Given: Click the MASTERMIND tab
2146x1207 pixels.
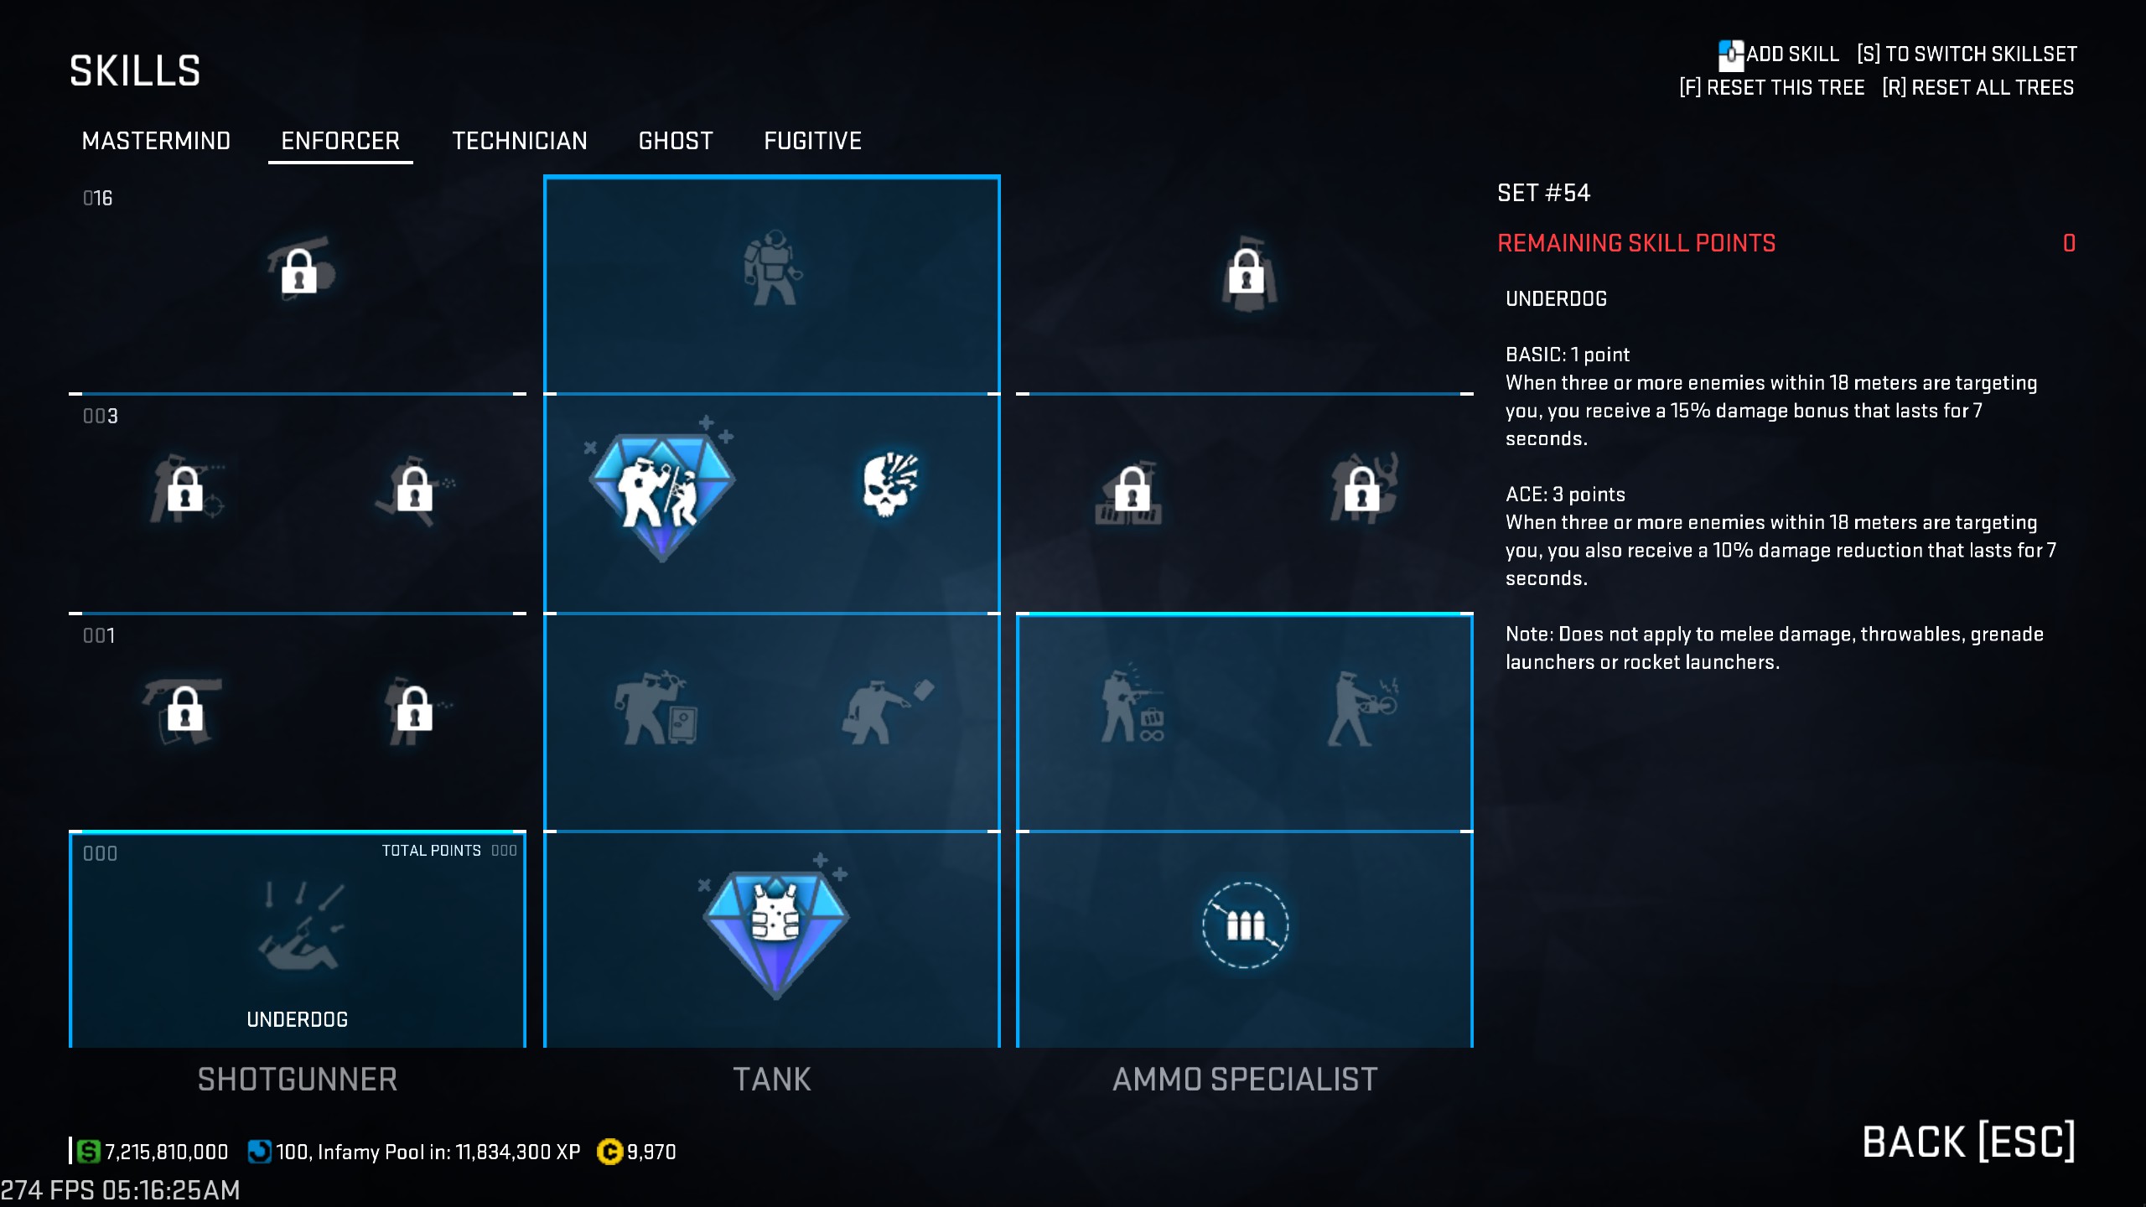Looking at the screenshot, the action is (x=156, y=141).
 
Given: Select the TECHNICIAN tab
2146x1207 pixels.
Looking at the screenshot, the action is (x=519, y=141).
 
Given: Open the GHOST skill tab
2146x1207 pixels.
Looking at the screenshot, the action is (x=676, y=141).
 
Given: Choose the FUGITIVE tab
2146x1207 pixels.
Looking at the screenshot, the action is (x=812, y=141).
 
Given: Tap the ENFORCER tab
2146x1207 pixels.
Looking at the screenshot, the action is (x=340, y=141).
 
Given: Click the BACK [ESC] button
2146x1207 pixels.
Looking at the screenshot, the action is (x=1968, y=1142).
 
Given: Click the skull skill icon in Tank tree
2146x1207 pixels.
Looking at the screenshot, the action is (x=889, y=484).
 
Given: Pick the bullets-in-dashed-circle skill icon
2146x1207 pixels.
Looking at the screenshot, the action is (x=1245, y=925).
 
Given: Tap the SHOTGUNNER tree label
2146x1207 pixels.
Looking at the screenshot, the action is (x=298, y=1080).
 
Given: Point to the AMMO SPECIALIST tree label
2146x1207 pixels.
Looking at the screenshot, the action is (x=1245, y=1080).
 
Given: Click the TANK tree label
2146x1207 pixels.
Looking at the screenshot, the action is (x=772, y=1080).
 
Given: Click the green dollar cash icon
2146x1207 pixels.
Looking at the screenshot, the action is (x=88, y=1152).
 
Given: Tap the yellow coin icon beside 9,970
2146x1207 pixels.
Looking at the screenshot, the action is (x=609, y=1153).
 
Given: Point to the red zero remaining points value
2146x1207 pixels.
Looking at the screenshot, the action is (x=2069, y=244).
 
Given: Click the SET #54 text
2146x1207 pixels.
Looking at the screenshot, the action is (x=1543, y=194).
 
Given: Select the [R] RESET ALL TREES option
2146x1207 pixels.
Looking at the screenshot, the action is (x=1978, y=88).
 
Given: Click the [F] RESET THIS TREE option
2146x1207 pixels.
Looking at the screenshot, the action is (x=1771, y=88).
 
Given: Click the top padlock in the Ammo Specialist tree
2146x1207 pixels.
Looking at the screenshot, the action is (x=1247, y=272).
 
